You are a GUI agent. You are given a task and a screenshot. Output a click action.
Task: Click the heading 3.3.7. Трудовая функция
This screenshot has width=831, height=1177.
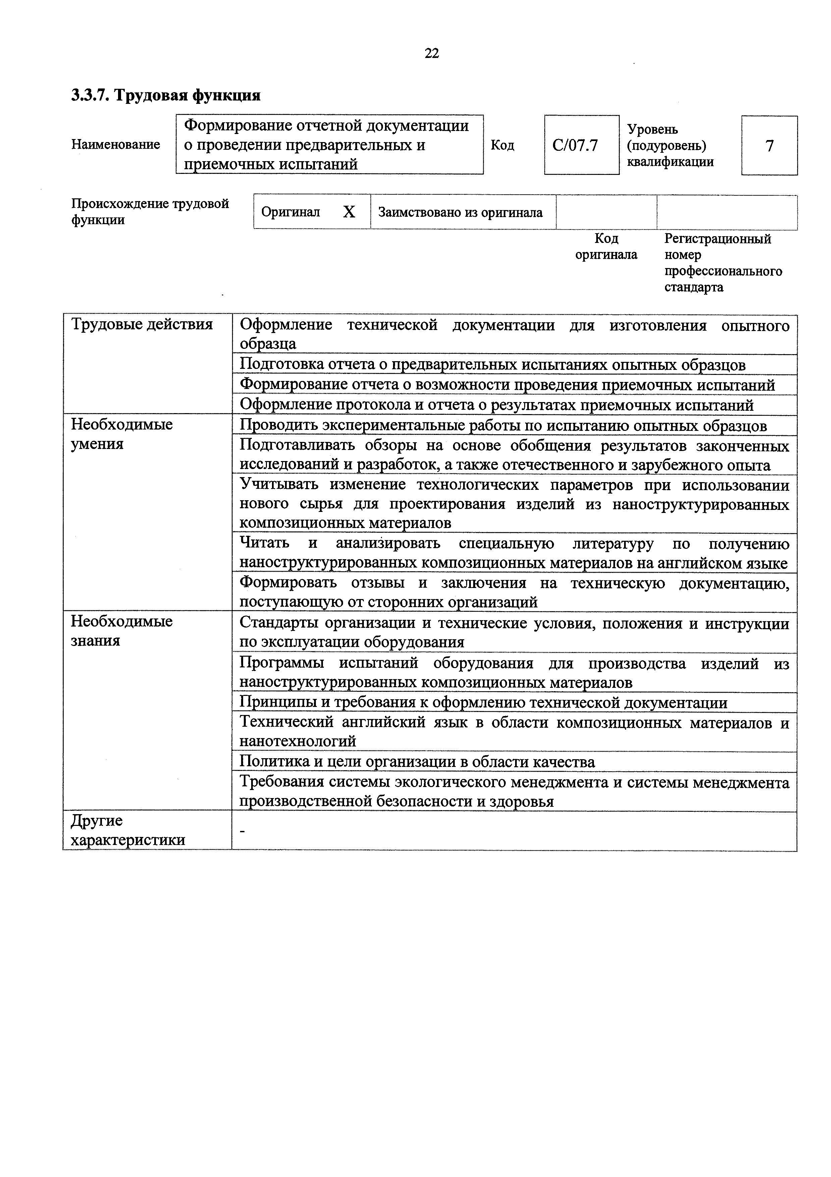click(166, 95)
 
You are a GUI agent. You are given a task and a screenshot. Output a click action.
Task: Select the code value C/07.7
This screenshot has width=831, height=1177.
click(575, 146)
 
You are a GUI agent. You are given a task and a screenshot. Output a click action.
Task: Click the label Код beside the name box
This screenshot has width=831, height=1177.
click(502, 146)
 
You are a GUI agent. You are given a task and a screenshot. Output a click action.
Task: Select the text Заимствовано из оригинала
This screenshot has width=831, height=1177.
click(460, 212)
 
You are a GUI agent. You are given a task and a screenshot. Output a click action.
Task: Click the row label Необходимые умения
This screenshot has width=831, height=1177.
click(122, 434)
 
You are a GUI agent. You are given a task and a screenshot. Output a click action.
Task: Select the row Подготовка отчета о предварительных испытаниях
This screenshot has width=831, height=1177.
click(492, 365)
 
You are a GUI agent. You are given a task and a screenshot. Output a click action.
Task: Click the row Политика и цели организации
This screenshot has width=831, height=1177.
click(417, 762)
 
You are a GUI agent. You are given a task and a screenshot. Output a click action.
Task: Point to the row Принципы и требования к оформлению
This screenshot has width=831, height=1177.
click(483, 702)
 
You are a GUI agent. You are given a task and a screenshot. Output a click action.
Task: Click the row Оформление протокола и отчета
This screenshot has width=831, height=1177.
click(497, 405)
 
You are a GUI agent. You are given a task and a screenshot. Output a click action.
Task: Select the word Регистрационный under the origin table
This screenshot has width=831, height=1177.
click(717, 239)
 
